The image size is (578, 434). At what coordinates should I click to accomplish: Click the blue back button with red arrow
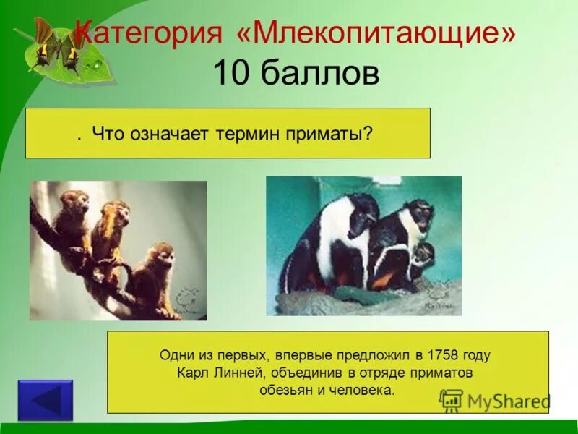[46, 400]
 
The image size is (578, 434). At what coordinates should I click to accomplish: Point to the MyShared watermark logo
[495, 401]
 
